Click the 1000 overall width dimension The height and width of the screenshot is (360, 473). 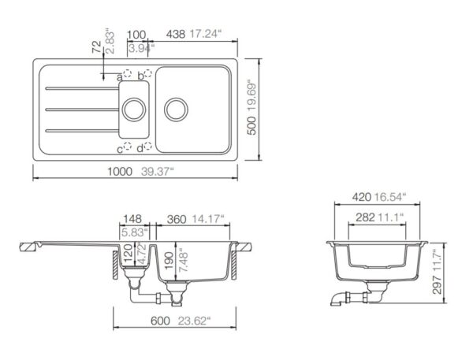(120, 172)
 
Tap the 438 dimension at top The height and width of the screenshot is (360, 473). (175, 34)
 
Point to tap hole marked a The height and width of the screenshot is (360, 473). (127, 73)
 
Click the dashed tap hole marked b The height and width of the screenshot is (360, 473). (148, 73)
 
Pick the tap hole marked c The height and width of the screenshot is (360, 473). (128, 147)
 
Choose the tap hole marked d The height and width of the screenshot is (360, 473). (148, 147)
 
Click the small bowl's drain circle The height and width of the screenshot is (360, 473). (134, 109)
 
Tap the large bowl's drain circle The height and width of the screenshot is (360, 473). (176, 109)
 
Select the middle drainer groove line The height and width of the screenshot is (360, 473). (82, 109)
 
